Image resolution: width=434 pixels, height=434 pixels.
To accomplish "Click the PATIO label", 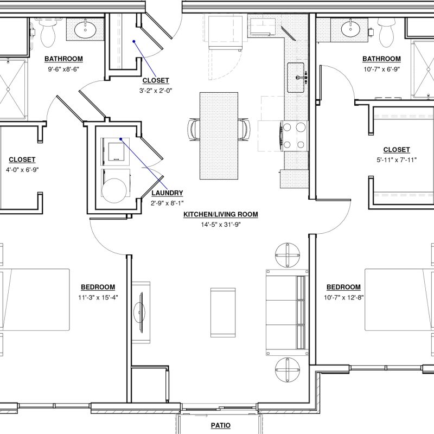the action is tap(221, 425).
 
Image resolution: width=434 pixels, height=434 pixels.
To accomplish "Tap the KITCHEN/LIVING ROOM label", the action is tap(221, 214).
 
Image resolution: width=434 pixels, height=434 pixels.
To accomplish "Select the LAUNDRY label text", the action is tap(167, 193).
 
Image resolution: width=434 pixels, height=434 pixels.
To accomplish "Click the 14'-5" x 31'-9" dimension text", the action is tap(221, 225).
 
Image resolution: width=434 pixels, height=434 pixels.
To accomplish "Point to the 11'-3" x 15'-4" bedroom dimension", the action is tap(98, 297).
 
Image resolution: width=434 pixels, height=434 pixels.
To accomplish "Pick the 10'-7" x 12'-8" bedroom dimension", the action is tap(344, 297).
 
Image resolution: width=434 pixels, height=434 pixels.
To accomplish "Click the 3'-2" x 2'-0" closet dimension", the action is tap(156, 91).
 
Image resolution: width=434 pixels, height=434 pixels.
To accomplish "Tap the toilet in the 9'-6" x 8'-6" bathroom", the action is tap(48, 33).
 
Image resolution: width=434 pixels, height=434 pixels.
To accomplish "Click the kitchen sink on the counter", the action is tap(296, 78).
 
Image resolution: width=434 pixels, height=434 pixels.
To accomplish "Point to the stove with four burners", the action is tap(294, 136).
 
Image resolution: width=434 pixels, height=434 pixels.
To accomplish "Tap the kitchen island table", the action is tap(219, 136).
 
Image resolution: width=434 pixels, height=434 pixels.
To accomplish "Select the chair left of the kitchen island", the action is tap(194, 130).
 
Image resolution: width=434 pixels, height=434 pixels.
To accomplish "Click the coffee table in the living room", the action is tap(223, 312).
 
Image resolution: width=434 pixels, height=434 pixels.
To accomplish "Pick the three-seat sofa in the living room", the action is tap(287, 312).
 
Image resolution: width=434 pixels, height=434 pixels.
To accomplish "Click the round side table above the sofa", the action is tap(288, 255).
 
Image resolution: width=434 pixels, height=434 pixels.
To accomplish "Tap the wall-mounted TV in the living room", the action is tap(142, 312).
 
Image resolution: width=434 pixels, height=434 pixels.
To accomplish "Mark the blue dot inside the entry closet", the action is tap(133, 42).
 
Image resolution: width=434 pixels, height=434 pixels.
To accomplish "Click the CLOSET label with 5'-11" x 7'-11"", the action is tap(397, 150).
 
